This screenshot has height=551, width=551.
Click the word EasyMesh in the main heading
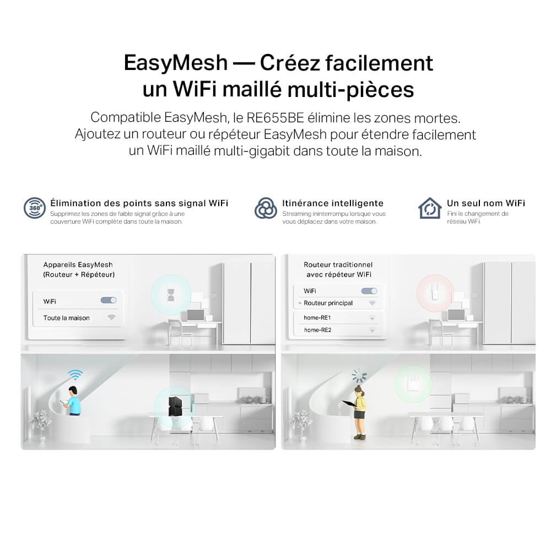(176, 63)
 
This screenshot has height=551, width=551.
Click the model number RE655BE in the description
(275, 118)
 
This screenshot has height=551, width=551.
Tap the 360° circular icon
(34, 208)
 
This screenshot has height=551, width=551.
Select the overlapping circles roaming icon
(266, 208)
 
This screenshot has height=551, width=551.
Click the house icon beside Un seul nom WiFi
(430, 208)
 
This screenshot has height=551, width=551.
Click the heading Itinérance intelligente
(333, 203)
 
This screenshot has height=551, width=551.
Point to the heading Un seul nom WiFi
(486, 203)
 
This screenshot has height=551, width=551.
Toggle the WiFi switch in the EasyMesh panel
(109, 300)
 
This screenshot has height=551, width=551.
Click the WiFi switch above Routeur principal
(369, 291)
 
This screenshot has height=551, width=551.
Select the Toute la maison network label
(67, 318)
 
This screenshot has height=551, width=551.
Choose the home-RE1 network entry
(317, 318)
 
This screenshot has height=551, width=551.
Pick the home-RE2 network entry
(318, 330)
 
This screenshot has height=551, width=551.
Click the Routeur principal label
(328, 303)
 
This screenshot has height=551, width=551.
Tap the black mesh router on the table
(175, 407)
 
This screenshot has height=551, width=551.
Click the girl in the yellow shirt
(358, 412)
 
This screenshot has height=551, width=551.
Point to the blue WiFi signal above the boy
(75, 375)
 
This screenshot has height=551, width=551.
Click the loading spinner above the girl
(359, 376)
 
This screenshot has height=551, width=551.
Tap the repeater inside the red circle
(435, 293)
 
